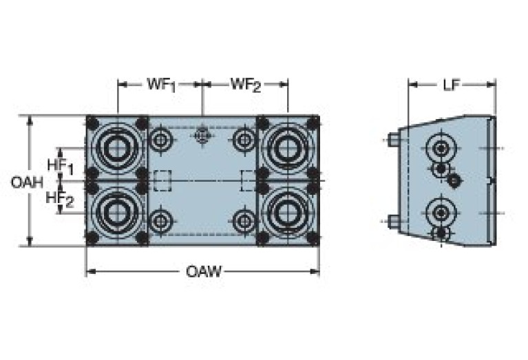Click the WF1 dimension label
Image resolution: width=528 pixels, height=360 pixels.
pyautogui.click(x=162, y=85)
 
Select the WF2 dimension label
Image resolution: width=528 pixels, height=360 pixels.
pyautogui.click(x=246, y=85)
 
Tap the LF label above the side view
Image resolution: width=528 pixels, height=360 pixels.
pyautogui.click(x=452, y=85)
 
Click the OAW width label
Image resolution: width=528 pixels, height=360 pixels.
pyautogui.click(x=204, y=271)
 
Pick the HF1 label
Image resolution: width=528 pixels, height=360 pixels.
pyautogui.click(x=60, y=165)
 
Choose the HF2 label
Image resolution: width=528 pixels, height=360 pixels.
pyautogui.click(x=60, y=198)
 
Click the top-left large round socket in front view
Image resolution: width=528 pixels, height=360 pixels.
pyautogui.click(x=115, y=147)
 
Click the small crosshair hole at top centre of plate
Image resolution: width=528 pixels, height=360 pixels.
pyautogui.click(x=202, y=136)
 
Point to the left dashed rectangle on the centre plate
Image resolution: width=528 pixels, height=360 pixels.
pyautogui.click(x=162, y=180)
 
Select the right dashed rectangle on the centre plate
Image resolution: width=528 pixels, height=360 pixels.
pyautogui.click(x=249, y=180)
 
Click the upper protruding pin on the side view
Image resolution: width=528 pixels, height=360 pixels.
pyautogui.click(x=393, y=140)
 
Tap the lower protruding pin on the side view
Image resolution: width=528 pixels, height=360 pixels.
pyautogui.click(x=393, y=222)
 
